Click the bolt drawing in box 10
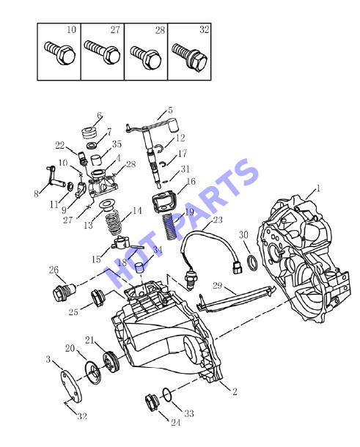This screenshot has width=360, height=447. point(60,53)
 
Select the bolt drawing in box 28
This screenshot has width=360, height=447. point(146,58)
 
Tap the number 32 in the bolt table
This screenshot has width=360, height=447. point(205,29)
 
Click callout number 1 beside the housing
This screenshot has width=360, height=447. point(317,188)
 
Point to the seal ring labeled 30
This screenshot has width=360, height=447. point(252,263)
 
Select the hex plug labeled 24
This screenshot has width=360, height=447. point(152,402)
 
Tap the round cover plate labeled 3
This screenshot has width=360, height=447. point(71,385)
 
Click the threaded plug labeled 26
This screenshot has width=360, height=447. point(64,292)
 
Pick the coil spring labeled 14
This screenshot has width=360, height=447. point(114,223)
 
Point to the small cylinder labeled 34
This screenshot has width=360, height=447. point(139,267)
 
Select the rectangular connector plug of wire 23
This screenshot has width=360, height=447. point(237,267)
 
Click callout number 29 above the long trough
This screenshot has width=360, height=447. point(217,285)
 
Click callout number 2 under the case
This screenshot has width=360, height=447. point(235,391)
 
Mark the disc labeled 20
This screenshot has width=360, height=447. point(92,373)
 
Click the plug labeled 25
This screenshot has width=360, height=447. point(98,298)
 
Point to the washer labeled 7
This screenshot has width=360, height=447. point(92,145)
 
